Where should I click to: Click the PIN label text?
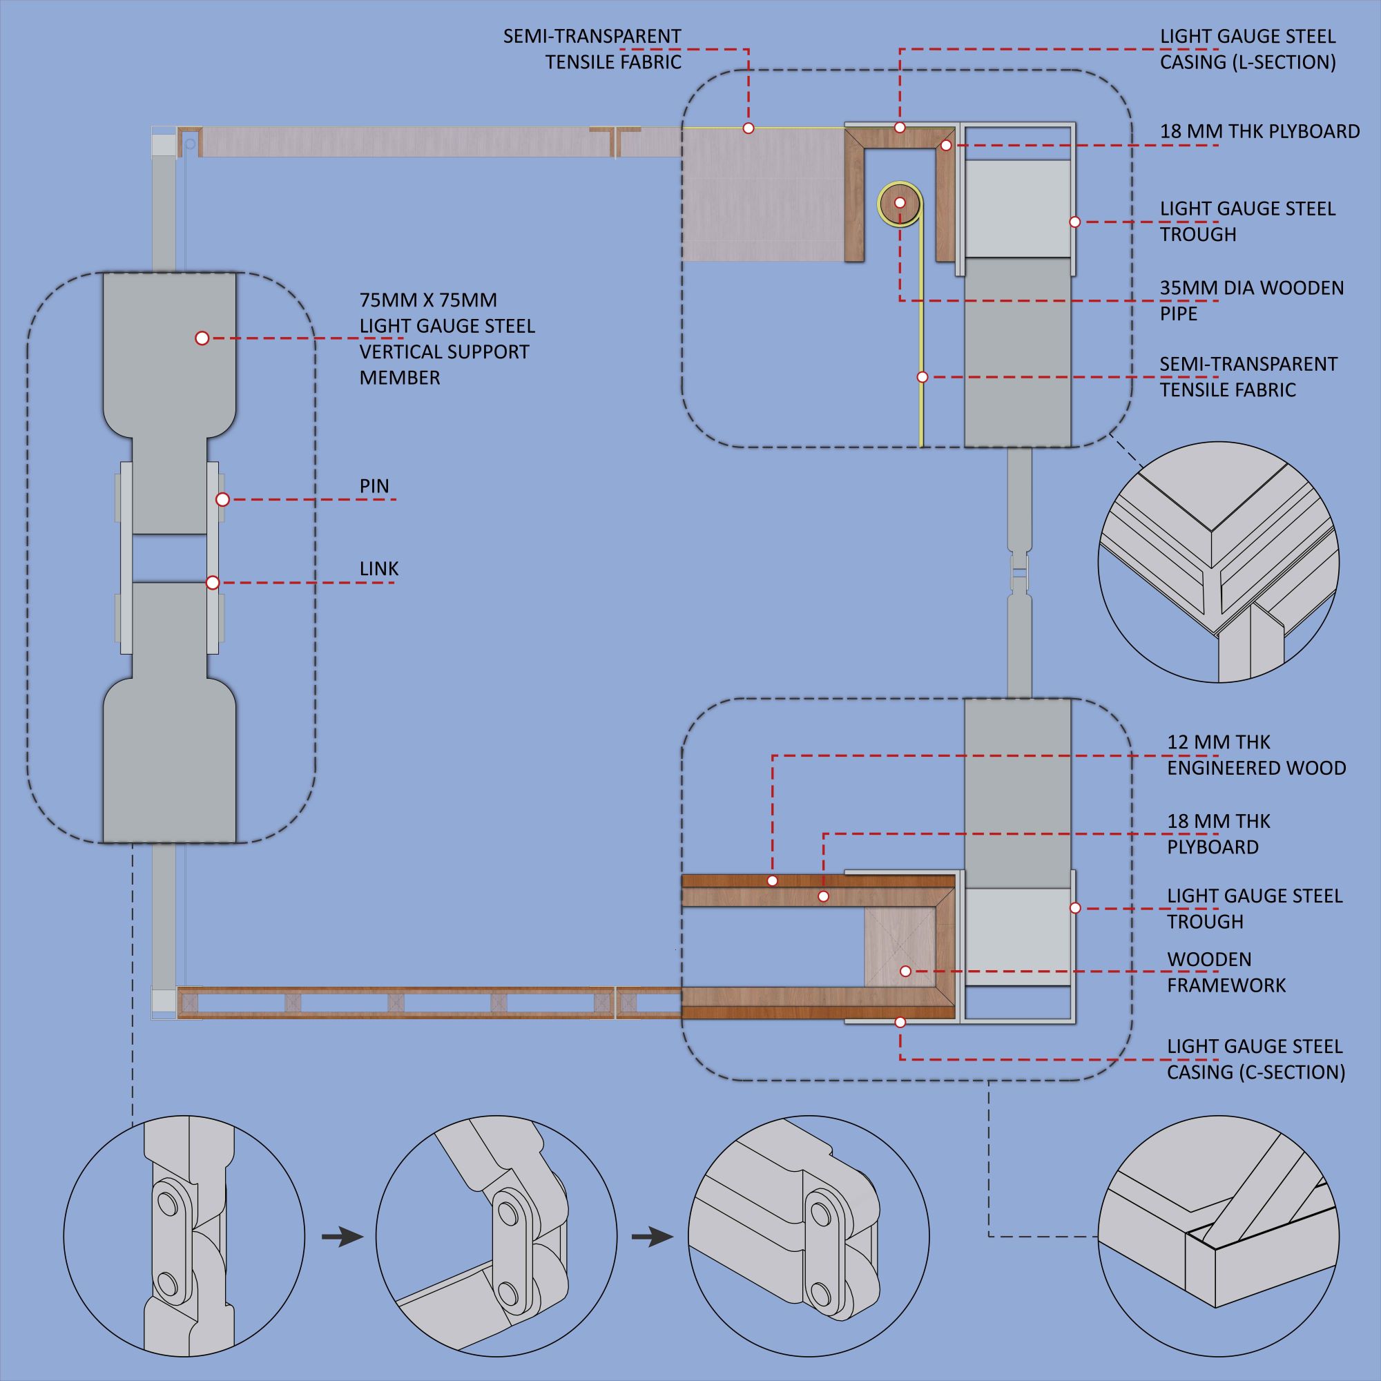click(x=374, y=486)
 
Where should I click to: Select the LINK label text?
click(x=379, y=569)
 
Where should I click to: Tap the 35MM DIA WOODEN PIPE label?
click(x=1251, y=301)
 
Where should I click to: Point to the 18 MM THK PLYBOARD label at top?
click(x=1259, y=131)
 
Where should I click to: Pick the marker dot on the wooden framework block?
click(x=905, y=972)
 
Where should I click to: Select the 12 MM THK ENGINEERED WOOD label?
click(x=1256, y=755)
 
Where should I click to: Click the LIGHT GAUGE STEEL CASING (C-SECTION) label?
click(x=1256, y=1059)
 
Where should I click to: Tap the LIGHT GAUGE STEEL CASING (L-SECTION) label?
click(x=1247, y=49)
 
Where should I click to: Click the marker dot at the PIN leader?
click(x=222, y=500)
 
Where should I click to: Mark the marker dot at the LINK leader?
click(x=212, y=583)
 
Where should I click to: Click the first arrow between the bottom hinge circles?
click(x=342, y=1237)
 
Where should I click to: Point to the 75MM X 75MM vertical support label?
click(x=447, y=339)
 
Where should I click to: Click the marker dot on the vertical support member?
click(x=202, y=338)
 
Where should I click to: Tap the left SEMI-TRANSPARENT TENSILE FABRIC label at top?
click(x=592, y=49)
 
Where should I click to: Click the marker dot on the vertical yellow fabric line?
click(x=922, y=377)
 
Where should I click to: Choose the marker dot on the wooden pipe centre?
click(x=900, y=203)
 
